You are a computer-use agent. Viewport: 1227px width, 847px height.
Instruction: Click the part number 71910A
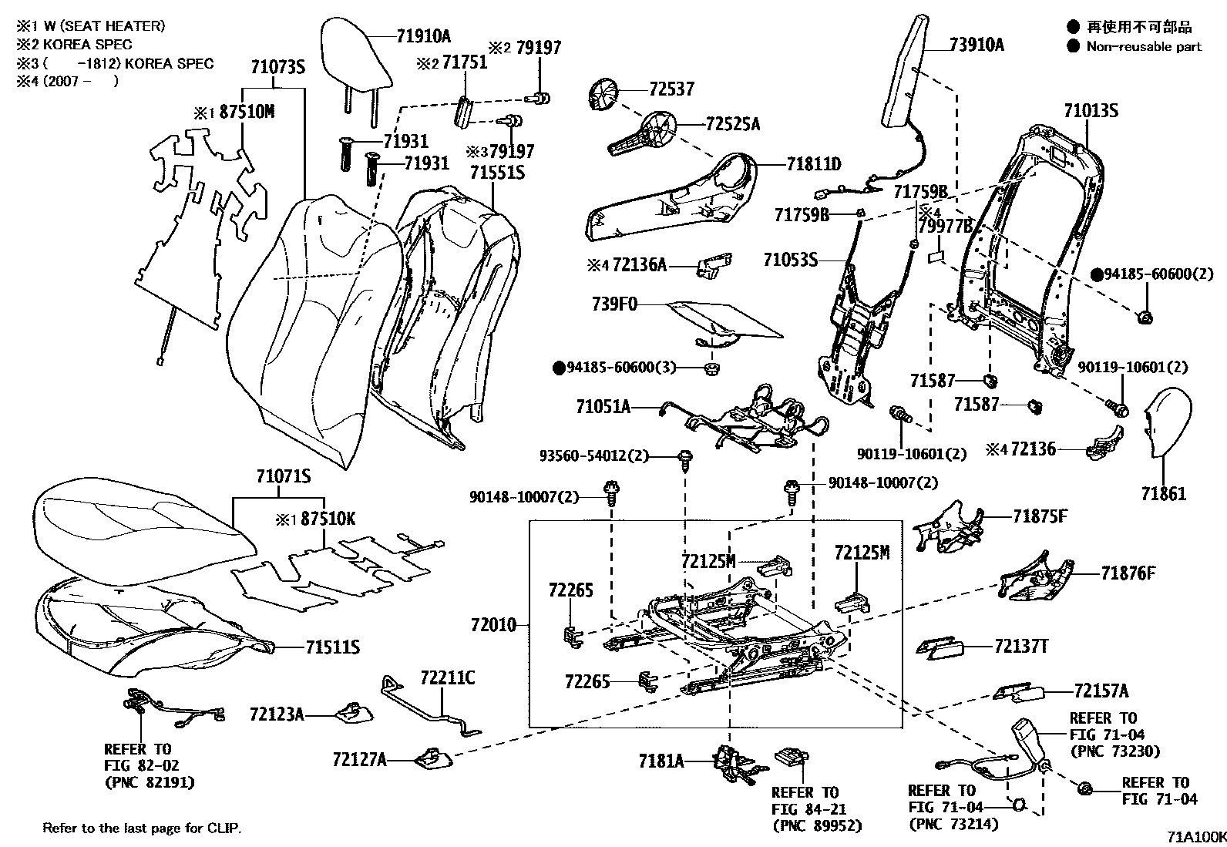[x=424, y=36]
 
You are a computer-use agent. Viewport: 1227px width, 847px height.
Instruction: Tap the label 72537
[x=671, y=89]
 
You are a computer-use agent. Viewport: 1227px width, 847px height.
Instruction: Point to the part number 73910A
[x=977, y=45]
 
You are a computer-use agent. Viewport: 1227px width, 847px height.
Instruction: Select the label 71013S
[x=1091, y=110]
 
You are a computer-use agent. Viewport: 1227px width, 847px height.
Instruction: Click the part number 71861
[x=1164, y=494]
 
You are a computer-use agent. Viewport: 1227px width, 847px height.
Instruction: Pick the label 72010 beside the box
[x=493, y=625]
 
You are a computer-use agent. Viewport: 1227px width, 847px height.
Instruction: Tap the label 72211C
[x=448, y=678]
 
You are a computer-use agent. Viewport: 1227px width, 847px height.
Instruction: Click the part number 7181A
[x=661, y=761]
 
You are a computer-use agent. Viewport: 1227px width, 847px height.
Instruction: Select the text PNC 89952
[x=816, y=825]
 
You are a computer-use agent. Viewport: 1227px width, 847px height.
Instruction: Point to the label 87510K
[x=328, y=519]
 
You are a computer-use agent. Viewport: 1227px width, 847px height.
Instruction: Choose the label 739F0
[x=614, y=304]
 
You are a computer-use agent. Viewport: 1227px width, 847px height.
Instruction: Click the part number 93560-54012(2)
[x=593, y=456]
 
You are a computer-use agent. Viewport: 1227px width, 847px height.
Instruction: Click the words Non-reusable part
[x=1143, y=46]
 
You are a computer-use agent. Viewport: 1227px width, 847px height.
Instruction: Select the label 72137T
[x=1021, y=647]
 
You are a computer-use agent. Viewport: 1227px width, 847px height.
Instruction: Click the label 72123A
[x=277, y=714]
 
